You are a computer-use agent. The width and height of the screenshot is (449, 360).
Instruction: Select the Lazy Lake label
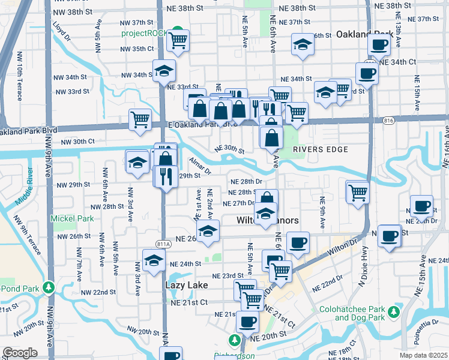[x=185, y=286]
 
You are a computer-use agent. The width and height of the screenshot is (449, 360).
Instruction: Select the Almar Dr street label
[x=200, y=166]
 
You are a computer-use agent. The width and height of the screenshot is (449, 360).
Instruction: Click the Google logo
[x=20, y=353]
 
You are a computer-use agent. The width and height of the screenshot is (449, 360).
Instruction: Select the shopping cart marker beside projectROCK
[x=178, y=41]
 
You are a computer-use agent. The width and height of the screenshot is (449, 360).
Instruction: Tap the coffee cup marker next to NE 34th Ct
[x=366, y=74]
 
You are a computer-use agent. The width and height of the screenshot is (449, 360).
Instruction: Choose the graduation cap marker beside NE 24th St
[x=154, y=260]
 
